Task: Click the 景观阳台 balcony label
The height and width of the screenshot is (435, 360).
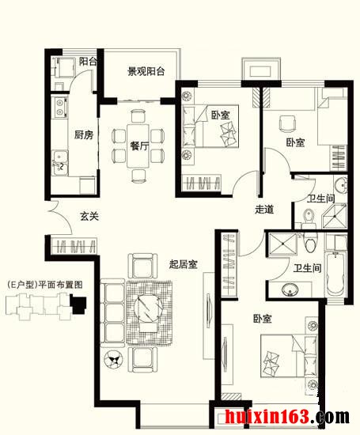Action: coord(146,71)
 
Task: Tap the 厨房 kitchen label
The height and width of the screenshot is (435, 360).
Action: coord(84,134)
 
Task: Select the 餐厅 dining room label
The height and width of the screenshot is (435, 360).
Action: coord(139,146)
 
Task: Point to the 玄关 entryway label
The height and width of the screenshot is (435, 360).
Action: coord(89,216)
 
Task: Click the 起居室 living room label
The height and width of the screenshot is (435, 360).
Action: coord(184,264)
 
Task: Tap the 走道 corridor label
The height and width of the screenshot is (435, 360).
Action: coord(264,209)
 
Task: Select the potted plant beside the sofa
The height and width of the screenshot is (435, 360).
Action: coord(113,360)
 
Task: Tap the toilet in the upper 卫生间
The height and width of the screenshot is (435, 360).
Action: coord(309,217)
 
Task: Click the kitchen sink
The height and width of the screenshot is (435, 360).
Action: coord(59,163)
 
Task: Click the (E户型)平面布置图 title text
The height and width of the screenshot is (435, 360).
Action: coord(45,285)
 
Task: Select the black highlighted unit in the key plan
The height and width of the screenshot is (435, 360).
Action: coord(78,304)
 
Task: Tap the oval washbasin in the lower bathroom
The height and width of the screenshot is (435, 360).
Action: coord(290,289)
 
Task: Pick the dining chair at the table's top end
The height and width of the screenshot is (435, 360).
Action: coord(138,115)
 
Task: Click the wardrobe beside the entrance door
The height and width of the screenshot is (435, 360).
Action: coord(74,245)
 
